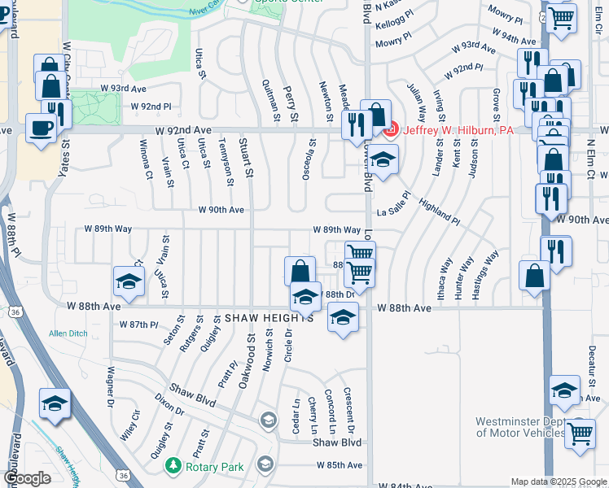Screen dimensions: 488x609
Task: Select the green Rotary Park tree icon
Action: click(x=173, y=465)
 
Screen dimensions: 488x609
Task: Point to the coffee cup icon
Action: click(x=40, y=126)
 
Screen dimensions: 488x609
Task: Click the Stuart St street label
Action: click(x=242, y=159)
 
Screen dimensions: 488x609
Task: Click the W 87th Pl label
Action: click(x=138, y=325)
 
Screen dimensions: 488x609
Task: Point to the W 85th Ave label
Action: click(x=340, y=465)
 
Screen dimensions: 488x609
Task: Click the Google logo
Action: click(x=28, y=478)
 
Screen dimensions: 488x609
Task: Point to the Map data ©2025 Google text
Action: click(x=559, y=481)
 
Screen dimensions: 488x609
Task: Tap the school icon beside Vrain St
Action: click(x=128, y=281)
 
